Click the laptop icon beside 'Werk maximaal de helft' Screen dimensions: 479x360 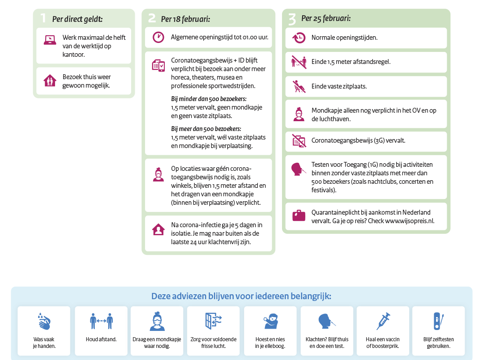point(50,40)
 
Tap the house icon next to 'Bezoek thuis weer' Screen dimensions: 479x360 point(50,80)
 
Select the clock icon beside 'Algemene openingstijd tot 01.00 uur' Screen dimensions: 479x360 point(158,37)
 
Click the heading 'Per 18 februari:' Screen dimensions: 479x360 point(185,19)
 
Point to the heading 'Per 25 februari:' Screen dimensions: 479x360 point(326,18)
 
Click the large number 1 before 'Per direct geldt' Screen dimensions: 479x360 point(43,18)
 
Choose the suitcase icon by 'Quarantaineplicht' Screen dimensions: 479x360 point(299,216)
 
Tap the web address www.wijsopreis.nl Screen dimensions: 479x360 point(409,221)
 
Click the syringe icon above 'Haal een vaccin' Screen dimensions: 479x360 point(383,321)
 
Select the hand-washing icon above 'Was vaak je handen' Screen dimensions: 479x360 point(44,321)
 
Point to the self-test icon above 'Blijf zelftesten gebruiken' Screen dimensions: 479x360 point(438,321)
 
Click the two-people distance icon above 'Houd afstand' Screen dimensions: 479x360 point(102,321)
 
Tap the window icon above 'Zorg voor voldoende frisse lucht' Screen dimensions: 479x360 point(213,321)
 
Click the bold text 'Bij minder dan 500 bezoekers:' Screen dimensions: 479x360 point(209,99)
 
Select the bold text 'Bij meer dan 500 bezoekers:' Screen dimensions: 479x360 point(206,129)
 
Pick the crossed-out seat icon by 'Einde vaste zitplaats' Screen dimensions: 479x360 point(299,86)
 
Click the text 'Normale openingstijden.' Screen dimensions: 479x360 point(344,38)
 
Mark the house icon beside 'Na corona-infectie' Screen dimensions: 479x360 point(158,229)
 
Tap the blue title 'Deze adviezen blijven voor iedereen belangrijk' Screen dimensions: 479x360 point(241,296)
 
